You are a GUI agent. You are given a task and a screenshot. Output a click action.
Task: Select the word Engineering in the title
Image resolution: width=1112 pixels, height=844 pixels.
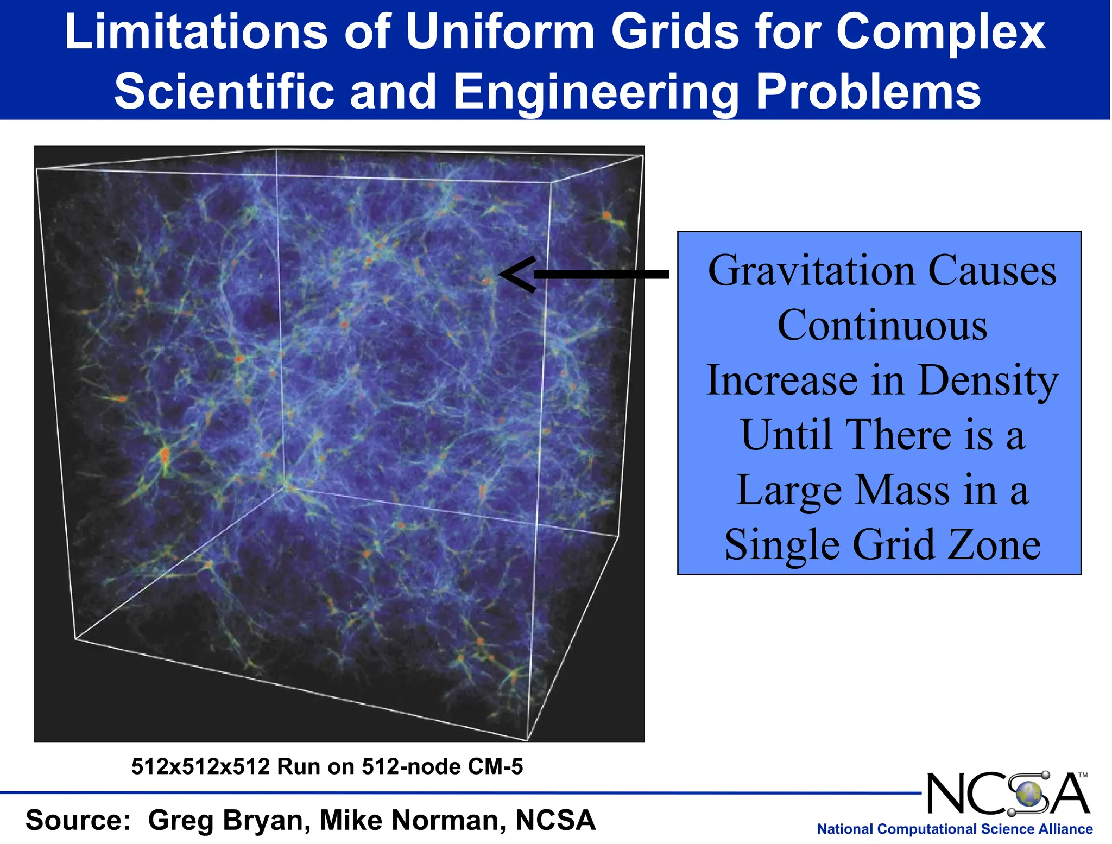coord(595,91)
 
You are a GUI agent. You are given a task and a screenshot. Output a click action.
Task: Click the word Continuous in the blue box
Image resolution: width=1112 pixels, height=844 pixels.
coord(882,325)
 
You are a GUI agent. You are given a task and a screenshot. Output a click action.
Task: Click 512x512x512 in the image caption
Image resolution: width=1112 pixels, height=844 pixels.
coord(201,766)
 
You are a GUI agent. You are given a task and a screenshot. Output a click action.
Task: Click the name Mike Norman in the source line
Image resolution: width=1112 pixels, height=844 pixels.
coord(413,820)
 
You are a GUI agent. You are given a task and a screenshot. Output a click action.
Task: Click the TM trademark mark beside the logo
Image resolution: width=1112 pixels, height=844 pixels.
coord(1083,776)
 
